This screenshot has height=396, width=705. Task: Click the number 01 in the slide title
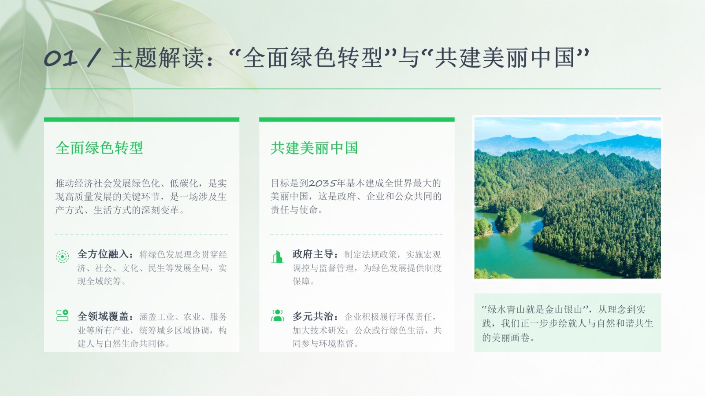(x=60, y=59)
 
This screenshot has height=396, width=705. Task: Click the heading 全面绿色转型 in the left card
(x=100, y=148)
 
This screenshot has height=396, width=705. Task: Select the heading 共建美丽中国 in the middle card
(x=315, y=148)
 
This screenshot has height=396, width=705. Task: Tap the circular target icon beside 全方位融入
(x=62, y=257)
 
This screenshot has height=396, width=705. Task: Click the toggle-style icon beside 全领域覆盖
(x=62, y=315)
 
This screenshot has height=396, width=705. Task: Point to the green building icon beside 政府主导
(x=277, y=257)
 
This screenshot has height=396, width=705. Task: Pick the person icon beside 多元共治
(x=277, y=315)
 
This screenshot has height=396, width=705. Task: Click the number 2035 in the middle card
(x=322, y=183)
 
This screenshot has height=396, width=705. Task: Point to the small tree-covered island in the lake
(x=508, y=220)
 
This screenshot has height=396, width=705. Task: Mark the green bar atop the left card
(x=141, y=119)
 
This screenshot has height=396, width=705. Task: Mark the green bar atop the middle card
(x=356, y=119)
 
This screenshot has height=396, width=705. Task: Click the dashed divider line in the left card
(x=141, y=235)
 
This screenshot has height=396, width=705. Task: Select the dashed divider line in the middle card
(x=356, y=235)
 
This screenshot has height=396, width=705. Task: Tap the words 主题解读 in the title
(x=158, y=58)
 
